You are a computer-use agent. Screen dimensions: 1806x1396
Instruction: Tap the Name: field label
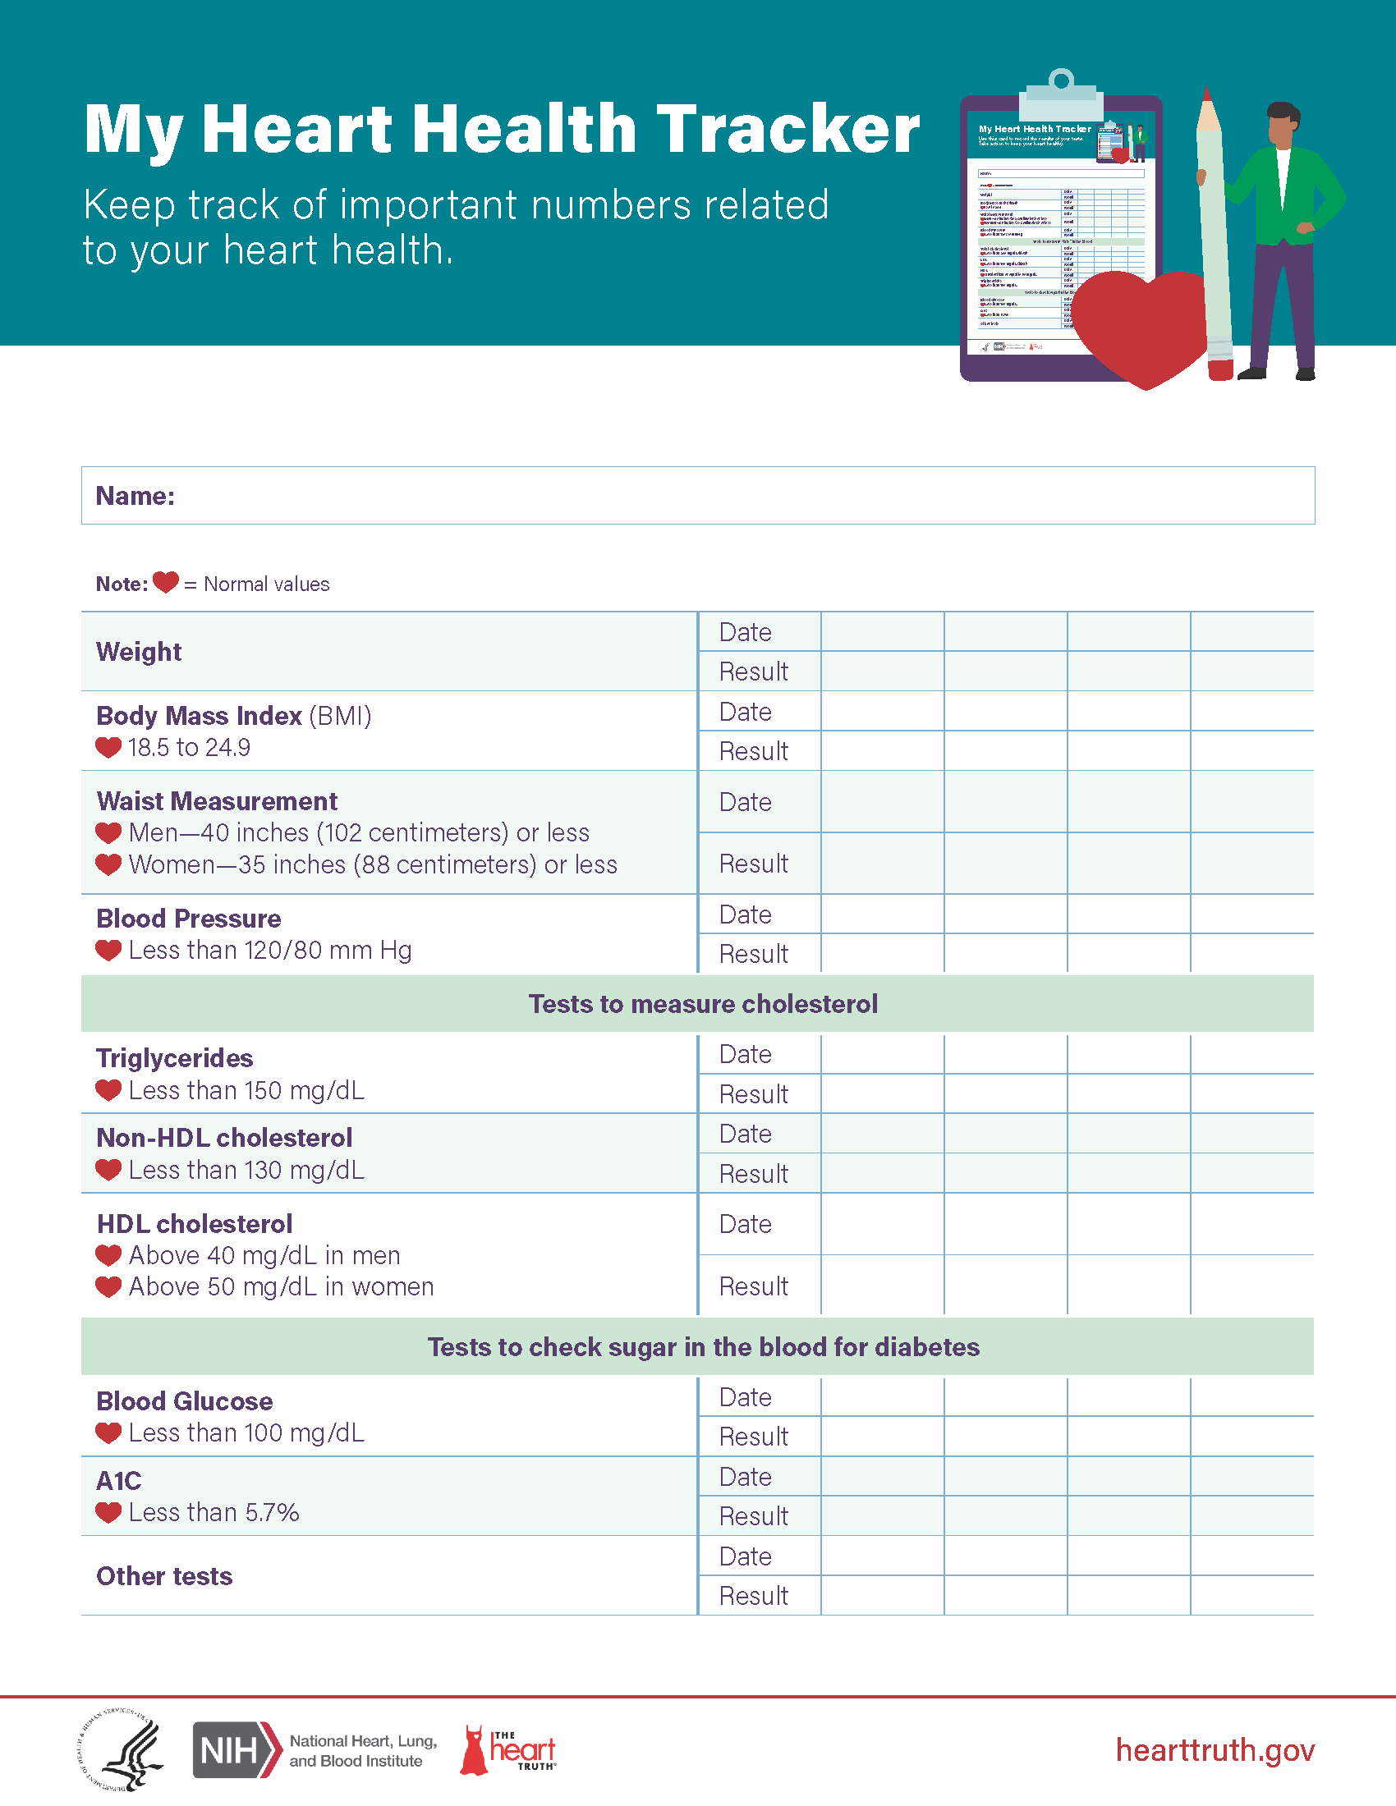coord(135,496)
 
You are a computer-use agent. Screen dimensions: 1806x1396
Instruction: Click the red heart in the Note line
coord(165,582)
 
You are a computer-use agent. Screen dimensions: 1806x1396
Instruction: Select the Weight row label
coord(139,652)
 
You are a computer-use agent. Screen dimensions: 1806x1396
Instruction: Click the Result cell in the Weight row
coord(753,672)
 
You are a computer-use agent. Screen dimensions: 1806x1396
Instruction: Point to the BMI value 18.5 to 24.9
coord(189,748)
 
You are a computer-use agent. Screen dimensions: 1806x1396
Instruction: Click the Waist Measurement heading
coord(217,801)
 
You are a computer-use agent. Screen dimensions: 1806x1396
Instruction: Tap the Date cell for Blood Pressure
coord(745,914)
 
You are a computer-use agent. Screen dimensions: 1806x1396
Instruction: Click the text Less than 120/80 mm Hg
coord(269,950)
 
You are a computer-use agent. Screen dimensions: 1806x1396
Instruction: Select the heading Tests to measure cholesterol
coord(703,1004)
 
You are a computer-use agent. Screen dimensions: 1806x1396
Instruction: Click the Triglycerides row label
coord(174,1058)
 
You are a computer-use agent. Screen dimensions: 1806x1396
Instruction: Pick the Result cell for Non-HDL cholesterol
coord(753,1173)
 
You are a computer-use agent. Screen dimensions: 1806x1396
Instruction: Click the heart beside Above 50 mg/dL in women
coord(108,1286)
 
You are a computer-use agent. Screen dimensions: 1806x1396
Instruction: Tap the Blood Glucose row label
coord(185,1400)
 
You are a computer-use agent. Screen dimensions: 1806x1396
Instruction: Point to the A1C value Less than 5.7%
coord(214,1512)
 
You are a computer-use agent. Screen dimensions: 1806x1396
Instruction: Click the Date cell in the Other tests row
coord(745,1556)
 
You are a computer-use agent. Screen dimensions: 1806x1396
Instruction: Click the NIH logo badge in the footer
coord(236,1750)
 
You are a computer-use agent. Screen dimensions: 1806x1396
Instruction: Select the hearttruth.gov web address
coord(1215,1750)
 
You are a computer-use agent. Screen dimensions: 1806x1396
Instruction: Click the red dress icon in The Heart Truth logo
coord(474,1750)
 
